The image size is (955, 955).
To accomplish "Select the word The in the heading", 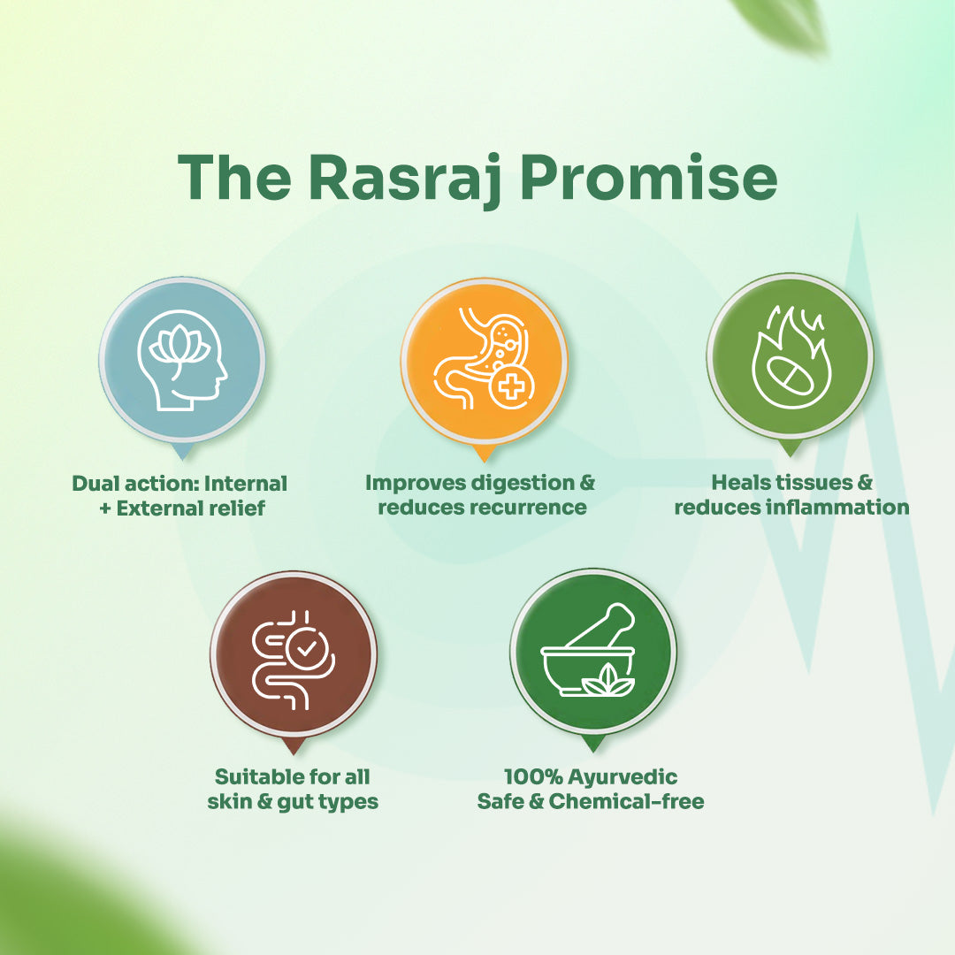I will pos(233,178).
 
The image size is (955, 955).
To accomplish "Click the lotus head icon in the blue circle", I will pos(183,359).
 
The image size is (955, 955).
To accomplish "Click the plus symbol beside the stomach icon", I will pos(512,388).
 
